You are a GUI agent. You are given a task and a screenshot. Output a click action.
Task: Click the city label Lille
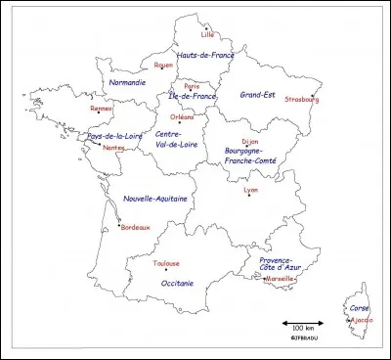[x=207, y=34]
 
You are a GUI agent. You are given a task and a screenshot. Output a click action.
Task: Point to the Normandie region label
[x=128, y=83]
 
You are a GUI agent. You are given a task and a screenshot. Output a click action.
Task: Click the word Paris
[x=193, y=85]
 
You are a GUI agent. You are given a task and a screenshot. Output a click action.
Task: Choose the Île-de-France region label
[x=193, y=96]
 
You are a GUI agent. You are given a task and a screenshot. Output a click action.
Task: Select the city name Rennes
[x=102, y=109]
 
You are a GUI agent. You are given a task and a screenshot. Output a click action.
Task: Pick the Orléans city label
[x=182, y=115]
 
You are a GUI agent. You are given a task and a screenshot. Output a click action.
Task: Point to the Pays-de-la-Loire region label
[x=116, y=135]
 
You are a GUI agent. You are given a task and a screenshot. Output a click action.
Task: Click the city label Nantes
[x=113, y=148]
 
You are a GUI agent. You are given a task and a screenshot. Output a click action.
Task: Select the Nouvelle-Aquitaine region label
[x=155, y=199]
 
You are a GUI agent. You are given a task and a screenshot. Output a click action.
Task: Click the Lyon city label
[x=250, y=189]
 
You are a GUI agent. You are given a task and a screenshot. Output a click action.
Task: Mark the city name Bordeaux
[x=135, y=227]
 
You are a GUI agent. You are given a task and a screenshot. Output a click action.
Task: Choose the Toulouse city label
[x=166, y=263]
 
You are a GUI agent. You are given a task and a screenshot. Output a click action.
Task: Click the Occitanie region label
[x=176, y=283]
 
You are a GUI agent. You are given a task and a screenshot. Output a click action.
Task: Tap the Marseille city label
[x=280, y=277]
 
